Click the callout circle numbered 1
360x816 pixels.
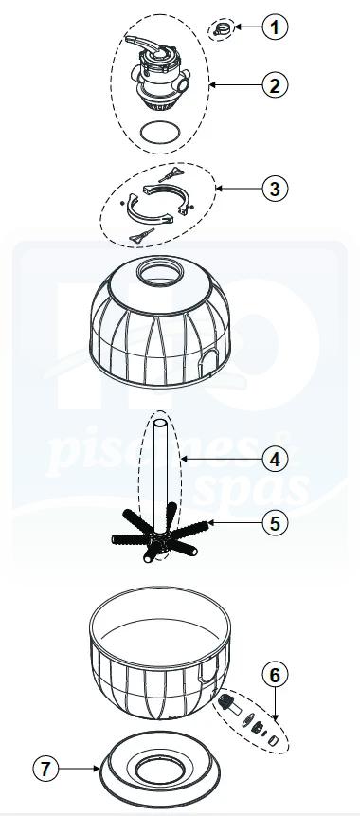[274, 27]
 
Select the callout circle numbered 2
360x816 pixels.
[274, 86]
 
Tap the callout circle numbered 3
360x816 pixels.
[274, 189]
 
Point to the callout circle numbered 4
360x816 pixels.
[274, 459]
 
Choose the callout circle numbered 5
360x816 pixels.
[274, 521]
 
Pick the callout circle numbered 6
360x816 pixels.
[274, 675]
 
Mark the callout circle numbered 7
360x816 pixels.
[47, 764]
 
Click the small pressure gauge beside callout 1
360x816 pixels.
[223, 29]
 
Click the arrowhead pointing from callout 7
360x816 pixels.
[98, 764]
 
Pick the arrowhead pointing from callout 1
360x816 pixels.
[237, 28]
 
